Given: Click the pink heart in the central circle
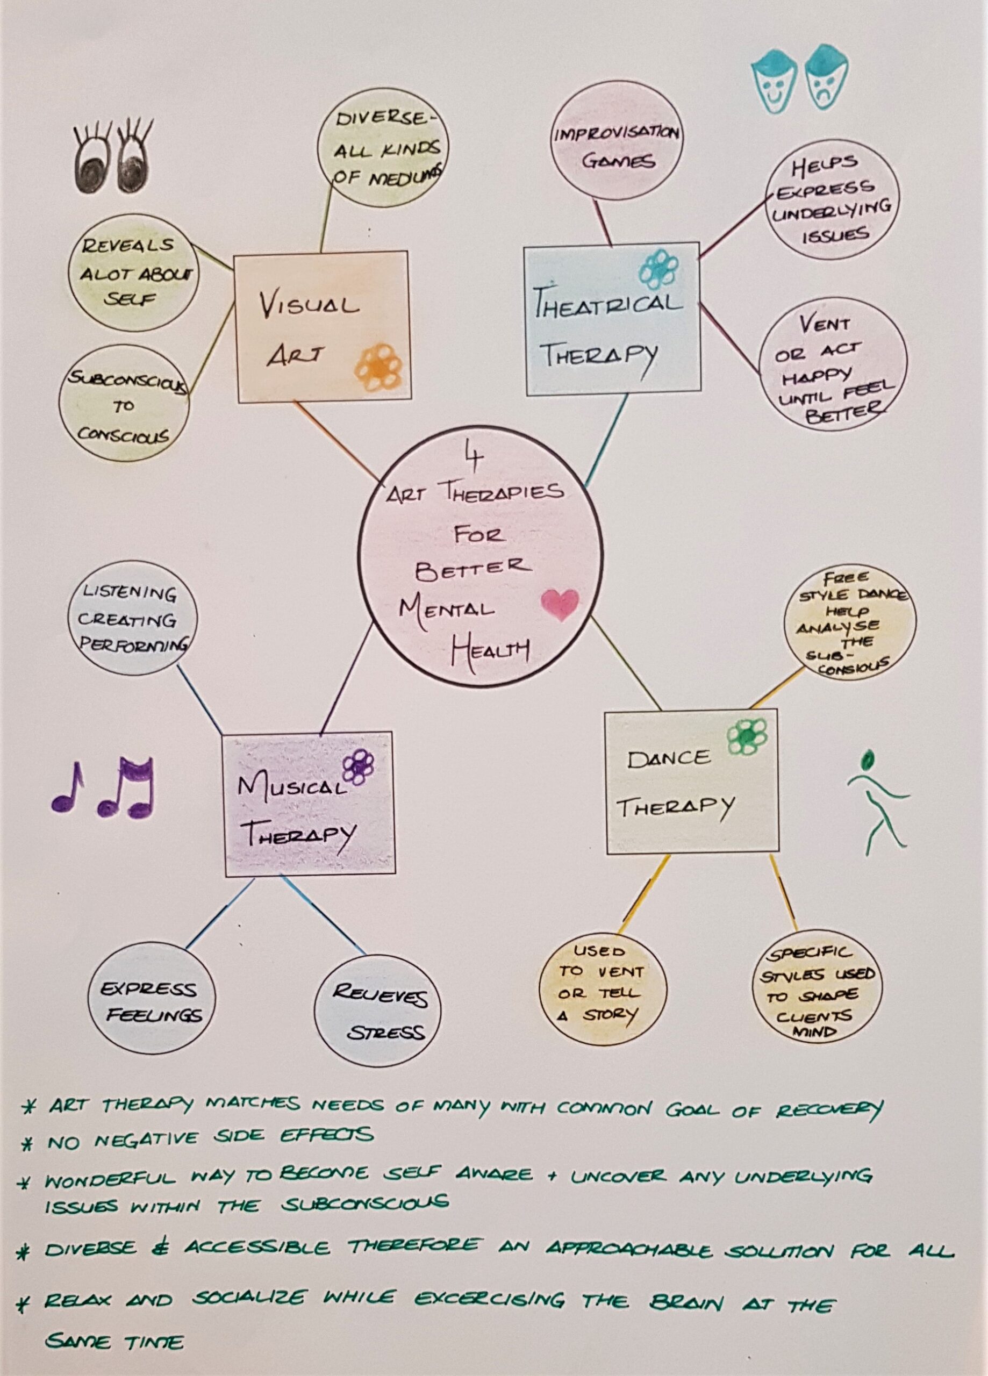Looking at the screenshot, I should click(x=559, y=605).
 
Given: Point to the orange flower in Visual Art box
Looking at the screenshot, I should click(x=378, y=367).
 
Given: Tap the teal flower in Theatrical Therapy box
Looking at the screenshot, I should click(x=658, y=270).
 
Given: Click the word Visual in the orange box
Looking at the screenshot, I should click(x=310, y=306).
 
